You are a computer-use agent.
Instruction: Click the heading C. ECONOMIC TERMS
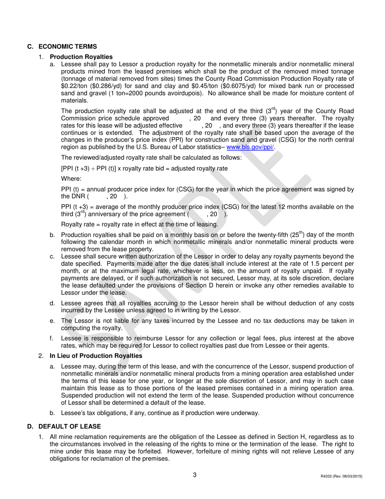62,47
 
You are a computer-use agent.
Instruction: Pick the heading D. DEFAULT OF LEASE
63,426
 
